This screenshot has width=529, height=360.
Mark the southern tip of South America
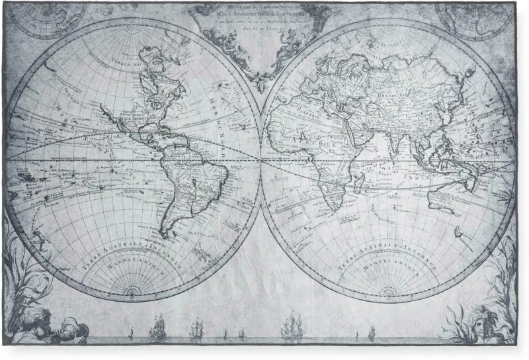coord(163,235)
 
